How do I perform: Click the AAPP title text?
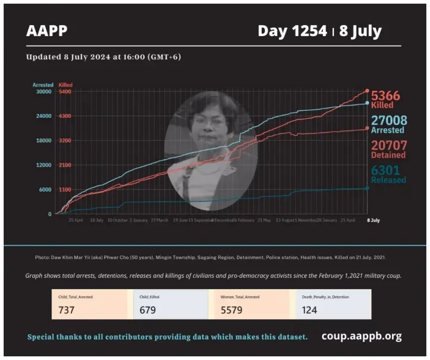pos(47,31)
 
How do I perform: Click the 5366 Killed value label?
pos(385,96)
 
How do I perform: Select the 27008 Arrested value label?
pos(389,121)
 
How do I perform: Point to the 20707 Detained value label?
pos(389,145)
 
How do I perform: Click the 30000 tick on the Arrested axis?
pos(43,92)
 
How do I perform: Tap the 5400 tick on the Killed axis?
pos(65,92)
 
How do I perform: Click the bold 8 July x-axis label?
pos(372,221)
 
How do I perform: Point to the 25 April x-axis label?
pos(76,221)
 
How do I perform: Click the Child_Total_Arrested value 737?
pos(67,310)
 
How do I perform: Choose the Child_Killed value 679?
pos(148,310)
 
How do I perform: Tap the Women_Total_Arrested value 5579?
pos(232,310)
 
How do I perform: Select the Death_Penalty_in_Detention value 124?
pos(309,310)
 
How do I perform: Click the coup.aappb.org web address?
pos(361,336)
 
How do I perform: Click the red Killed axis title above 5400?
pos(66,85)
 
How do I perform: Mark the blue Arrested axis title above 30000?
pos(43,85)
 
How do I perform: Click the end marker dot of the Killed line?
pos(367,91)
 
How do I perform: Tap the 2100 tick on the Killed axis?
pos(65,165)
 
